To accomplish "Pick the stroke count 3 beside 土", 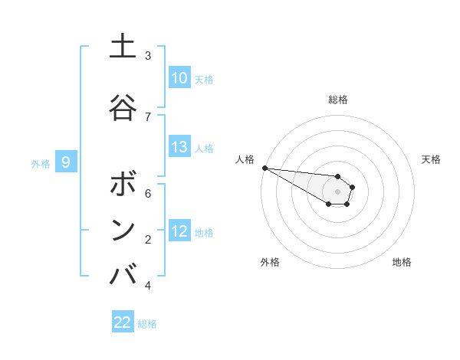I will coord(148,56).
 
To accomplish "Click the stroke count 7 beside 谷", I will coord(148,116).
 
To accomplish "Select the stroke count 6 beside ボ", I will coord(148,194).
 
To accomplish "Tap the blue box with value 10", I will coord(179,78).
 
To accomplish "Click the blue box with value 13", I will coord(179,147).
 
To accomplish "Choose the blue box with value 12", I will coord(179,231).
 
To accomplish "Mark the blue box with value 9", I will coord(66,162).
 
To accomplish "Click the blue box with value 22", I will coord(123,322).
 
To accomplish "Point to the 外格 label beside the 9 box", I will coord(41,163).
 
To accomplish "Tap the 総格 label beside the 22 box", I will coord(147,324).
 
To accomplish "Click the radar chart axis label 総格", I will coord(338,100).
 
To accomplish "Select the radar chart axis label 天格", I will coord(431,159).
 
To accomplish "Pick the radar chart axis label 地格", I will coord(402,262).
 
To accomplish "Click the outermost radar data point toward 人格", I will coord(264,168).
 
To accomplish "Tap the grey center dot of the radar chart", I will coord(338,191).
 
